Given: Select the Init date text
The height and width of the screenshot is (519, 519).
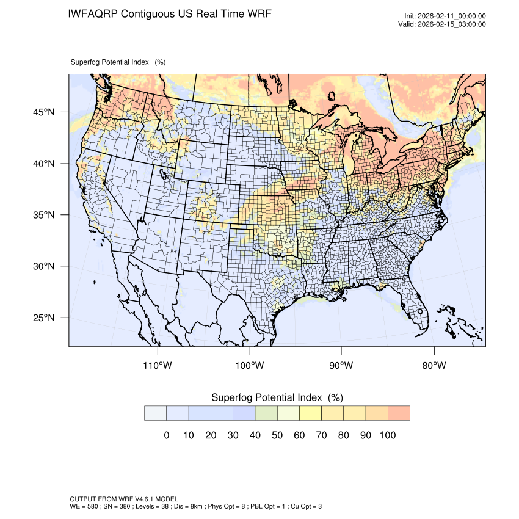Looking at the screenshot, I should pyautogui.click(x=445, y=16).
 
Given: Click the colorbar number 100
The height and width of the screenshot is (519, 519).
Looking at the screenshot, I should pyautogui.click(x=387, y=435).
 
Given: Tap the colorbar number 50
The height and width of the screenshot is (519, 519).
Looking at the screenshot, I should pyautogui.click(x=277, y=435).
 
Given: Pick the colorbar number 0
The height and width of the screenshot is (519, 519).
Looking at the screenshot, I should pyautogui.click(x=166, y=435).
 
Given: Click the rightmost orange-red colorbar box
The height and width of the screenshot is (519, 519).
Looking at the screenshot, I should pyautogui.click(x=399, y=413).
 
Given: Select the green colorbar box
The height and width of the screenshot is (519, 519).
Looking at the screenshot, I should pyautogui.click(x=266, y=413).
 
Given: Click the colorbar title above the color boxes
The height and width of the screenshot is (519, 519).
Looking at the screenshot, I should pyautogui.click(x=277, y=397).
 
